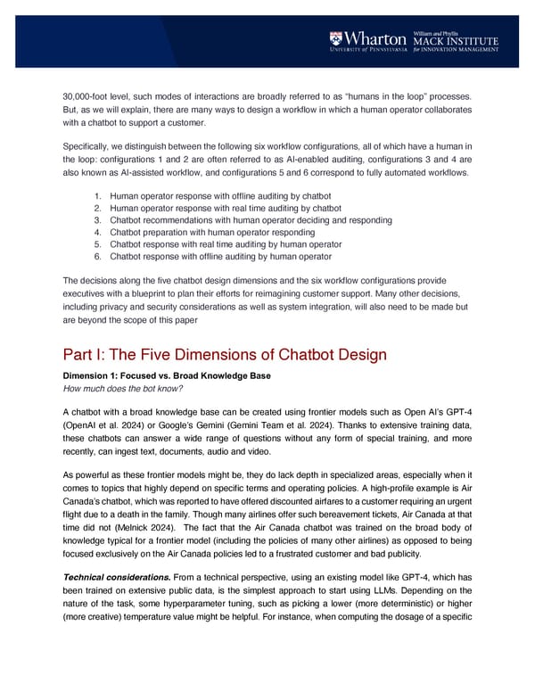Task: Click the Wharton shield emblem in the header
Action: (336, 38)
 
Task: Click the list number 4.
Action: (98, 232)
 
